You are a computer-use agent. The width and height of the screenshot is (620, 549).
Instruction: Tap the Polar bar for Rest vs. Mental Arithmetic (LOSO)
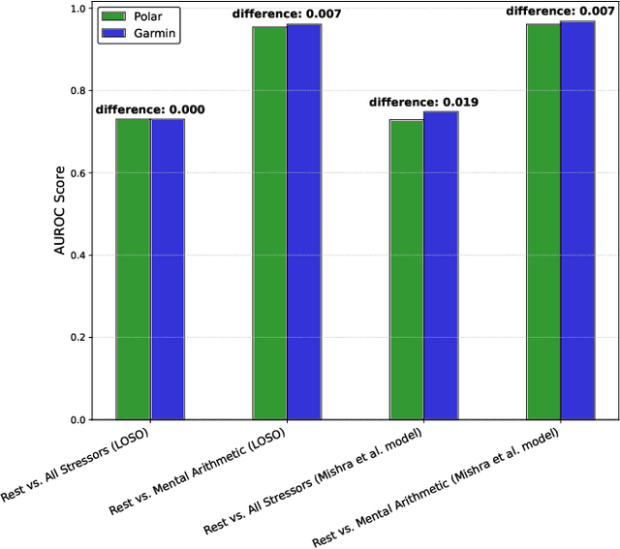click(269, 223)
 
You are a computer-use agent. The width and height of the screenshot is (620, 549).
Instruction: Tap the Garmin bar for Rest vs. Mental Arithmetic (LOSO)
click(304, 222)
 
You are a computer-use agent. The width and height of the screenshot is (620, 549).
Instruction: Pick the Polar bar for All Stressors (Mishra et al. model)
click(407, 270)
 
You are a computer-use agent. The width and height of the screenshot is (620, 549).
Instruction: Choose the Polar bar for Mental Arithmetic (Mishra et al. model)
click(543, 222)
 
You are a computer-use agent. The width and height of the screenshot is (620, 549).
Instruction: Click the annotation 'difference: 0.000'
click(150, 109)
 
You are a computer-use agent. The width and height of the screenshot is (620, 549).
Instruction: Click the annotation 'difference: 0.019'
click(423, 102)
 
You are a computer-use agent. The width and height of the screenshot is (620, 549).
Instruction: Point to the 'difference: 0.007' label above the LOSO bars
click(287, 14)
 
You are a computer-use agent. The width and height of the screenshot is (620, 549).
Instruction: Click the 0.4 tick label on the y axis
click(77, 256)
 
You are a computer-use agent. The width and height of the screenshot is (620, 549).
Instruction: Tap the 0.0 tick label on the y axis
click(77, 420)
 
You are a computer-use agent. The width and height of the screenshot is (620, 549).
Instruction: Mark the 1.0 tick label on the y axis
click(77, 9)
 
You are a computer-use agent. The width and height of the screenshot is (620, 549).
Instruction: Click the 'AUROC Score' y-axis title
click(59, 214)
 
